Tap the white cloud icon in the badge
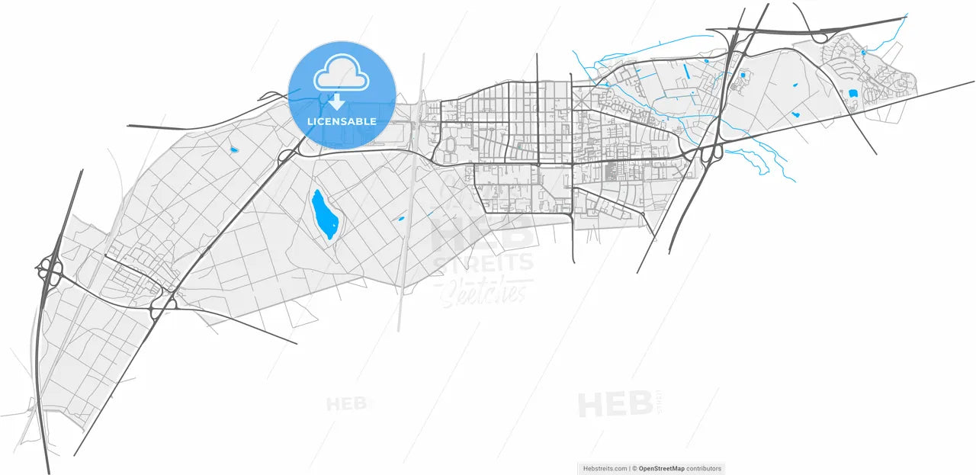click(342, 73)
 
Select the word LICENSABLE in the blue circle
click(342, 121)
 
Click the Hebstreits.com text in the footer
click(604, 469)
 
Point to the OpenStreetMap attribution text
click(661, 469)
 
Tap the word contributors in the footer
click(704, 469)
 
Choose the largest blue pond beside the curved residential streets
click(852, 94)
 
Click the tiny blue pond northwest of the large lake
click(233, 149)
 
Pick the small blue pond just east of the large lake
click(399, 220)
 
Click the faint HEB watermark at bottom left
click(348, 403)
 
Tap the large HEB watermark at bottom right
click(614, 405)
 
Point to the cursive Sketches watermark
click(483, 290)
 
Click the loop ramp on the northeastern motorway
click(822, 36)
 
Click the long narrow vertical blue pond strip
click(686, 72)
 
